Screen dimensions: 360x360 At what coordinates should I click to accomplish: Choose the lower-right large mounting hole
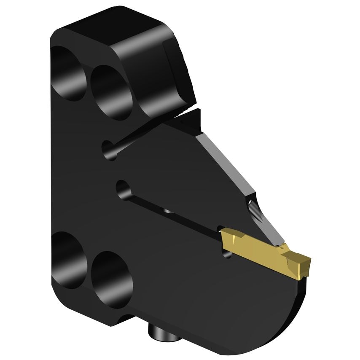pyautogui.click(x=110, y=278)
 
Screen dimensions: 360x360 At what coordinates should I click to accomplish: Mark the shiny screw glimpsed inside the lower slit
pyautogui.click(x=167, y=210)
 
